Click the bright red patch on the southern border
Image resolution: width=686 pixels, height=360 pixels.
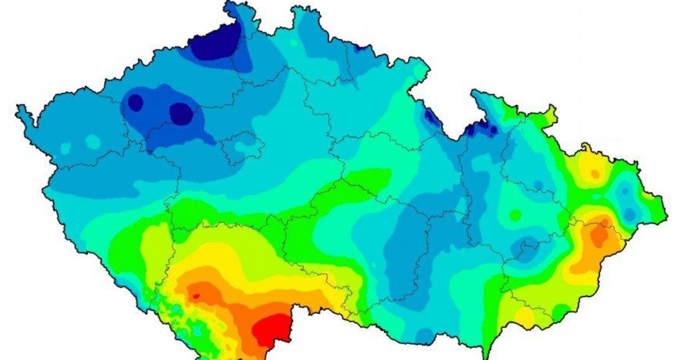click(x=271, y=330)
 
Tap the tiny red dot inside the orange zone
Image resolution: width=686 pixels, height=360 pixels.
click(x=196, y=296)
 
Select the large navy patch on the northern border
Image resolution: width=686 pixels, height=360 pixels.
click(x=216, y=43)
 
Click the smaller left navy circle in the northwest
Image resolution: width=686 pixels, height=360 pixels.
click(x=135, y=102)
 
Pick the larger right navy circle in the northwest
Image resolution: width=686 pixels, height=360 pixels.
click(x=181, y=113)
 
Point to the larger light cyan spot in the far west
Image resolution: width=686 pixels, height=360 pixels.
click(x=92, y=141)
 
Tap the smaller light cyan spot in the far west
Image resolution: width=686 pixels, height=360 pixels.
click(x=66, y=148)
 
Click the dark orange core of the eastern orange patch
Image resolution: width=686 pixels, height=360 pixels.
click(x=599, y=234)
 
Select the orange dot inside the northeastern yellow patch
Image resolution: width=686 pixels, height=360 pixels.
click(x=595, y=174)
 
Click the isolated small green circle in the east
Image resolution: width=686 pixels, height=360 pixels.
click(x=515, y=215)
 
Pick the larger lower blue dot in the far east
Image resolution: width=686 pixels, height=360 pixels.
click(x=629, y=214)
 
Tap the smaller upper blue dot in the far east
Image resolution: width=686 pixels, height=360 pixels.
click(x=625, y=191)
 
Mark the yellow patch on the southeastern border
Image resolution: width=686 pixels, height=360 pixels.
click(x=524, y=315)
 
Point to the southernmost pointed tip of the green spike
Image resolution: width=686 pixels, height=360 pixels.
click(x=485, y=358)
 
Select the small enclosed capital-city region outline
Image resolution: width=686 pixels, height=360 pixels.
click(x=242, y=147)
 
